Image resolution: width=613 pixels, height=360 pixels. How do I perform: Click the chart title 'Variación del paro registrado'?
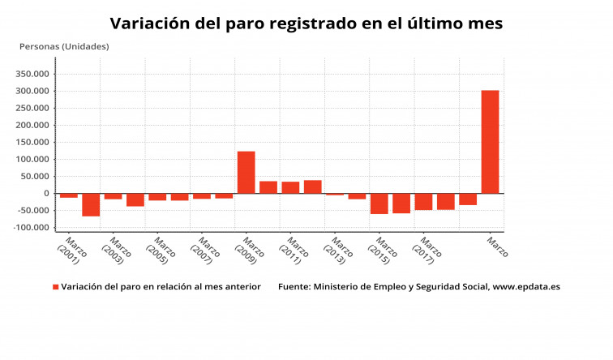pyautogui.click(x=306, y=24)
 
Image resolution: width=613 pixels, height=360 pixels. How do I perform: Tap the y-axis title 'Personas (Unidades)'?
pyautogui.click(x=64, y=46)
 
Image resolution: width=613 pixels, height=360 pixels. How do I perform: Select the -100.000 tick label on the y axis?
pyautogui.click(x=31, y=228)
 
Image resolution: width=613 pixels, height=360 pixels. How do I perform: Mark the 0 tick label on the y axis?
pyautogui.click(x=48, y=194)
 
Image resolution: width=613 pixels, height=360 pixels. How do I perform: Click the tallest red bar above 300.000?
pyautogui.click(x=490, y=142)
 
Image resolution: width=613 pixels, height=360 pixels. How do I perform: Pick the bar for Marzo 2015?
pyautogui.click(x=379, y=204)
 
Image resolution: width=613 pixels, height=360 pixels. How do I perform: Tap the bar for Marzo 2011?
pyautogui.click(x=290, y=187)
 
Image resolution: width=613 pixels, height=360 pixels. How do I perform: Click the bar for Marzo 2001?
pyautogui.click(x=69, y=195)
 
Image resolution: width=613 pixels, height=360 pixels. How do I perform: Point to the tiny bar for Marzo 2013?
pyautogui.click(x=335, y=195)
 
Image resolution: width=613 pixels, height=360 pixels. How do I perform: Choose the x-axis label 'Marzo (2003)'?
pyautogui.click(x=116, y=251)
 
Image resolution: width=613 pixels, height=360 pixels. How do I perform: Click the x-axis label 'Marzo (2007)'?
pyautogui.click(x=205, y=251)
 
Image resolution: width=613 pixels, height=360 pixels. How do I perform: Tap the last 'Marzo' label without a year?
pyautogui.click(x=496, y=246)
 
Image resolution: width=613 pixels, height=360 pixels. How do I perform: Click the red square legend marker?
pyautogui.click(x=56, y=287)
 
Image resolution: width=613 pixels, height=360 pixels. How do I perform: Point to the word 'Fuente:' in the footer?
pyautogui.click(x=294, y=287)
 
